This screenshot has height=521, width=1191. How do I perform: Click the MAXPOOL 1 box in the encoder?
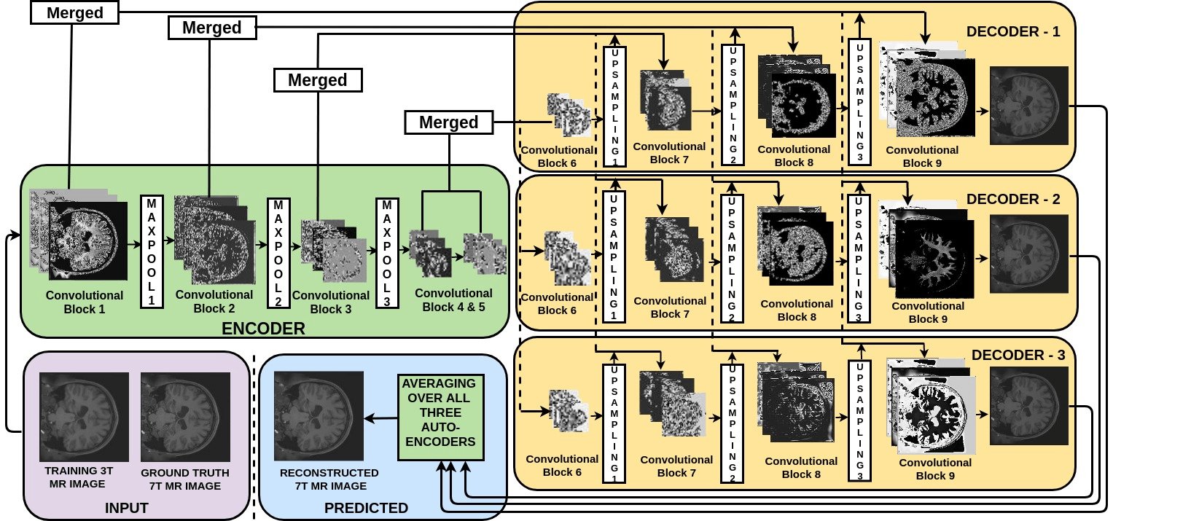[152, 251]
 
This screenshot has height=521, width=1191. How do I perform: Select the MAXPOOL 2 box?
[278, 253]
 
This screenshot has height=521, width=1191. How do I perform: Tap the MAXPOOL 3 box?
[387, 253]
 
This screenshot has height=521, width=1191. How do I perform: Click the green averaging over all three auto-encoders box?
[441, 418]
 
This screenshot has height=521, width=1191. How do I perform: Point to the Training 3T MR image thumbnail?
[84, 417]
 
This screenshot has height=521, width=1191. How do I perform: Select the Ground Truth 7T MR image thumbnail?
[186, 417]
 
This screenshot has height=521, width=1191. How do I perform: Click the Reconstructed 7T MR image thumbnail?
[319, 416]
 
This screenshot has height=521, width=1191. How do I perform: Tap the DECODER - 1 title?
[1013, 31]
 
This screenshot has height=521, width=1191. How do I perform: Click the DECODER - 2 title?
[1013, 199]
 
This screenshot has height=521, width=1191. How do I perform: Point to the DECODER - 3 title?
[1018, 355]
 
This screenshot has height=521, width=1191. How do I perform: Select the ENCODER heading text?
[263, 329]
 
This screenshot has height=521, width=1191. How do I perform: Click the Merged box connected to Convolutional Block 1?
[74, 13]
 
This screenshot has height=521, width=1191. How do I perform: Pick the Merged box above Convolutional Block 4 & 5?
[449, 122]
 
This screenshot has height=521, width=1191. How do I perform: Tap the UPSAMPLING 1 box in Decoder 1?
[615, 106]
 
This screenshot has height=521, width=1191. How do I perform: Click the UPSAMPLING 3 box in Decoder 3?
[860, 420]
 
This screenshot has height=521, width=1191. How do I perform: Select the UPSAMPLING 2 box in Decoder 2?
[732, 259]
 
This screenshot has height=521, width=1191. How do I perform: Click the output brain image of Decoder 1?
[1029, 105]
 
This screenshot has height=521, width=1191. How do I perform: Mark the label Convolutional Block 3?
[331, 302]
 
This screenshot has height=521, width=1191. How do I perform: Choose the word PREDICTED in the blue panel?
[367, 508]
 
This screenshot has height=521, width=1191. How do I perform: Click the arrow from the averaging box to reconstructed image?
[381, 418]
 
